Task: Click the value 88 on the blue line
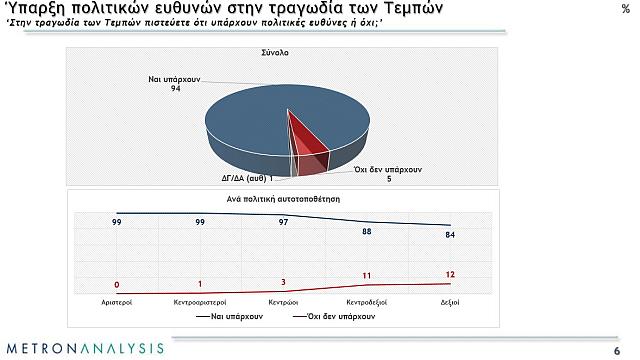coord(366,231)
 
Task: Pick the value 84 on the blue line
coord(450,235)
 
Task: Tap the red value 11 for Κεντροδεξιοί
coord(366,275)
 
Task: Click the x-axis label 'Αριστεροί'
coord(117,300)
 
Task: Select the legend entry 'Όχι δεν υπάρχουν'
coord(340,316)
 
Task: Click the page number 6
coord(616,349)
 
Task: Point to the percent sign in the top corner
coord(625,8)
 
